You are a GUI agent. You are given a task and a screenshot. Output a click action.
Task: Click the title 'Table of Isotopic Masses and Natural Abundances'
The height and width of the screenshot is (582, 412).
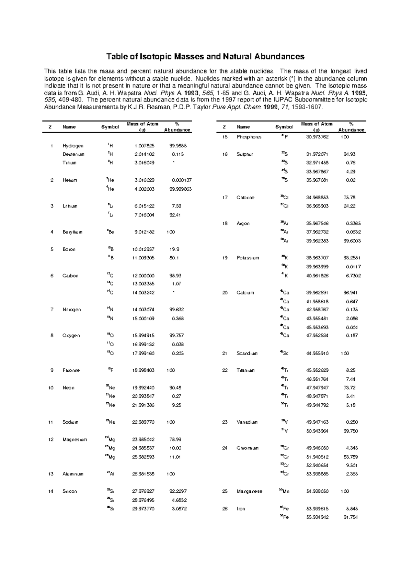(205, 56)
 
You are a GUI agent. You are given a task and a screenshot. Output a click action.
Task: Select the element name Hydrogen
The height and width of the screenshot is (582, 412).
(73, 146)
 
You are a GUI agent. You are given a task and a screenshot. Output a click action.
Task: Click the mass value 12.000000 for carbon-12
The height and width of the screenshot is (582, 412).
(143, 276)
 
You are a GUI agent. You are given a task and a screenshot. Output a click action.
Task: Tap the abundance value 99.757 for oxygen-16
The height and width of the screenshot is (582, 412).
(176, 336)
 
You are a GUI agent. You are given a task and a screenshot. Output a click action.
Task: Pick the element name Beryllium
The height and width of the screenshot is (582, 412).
(72, 232)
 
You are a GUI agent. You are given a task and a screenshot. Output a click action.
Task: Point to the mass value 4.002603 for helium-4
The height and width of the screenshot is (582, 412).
(144, 189)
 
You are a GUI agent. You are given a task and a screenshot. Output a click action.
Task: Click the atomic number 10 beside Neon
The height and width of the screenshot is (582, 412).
(51, 388)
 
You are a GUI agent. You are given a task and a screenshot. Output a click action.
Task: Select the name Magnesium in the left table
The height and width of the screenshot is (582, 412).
(75, 439)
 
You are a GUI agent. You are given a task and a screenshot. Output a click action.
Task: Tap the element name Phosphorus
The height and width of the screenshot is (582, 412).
(249, 137)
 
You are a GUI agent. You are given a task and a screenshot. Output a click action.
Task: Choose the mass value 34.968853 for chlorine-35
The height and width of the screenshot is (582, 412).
(317, 198)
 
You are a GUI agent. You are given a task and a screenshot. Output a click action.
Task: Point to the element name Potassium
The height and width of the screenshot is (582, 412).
(248, 258)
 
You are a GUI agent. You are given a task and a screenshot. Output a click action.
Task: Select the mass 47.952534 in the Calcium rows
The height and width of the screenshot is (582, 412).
(317, 336)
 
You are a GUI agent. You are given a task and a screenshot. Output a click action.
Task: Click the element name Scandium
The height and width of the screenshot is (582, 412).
(247, 353)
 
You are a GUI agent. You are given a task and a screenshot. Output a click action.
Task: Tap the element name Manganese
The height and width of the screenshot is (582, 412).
(249, 491)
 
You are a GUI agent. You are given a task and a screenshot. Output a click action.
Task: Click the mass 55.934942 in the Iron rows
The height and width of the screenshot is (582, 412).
(317, 517)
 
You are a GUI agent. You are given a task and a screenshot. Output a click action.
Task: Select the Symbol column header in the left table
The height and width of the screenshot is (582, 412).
(110, 127)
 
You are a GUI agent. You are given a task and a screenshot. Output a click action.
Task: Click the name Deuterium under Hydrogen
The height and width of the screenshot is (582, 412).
(73, 154)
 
